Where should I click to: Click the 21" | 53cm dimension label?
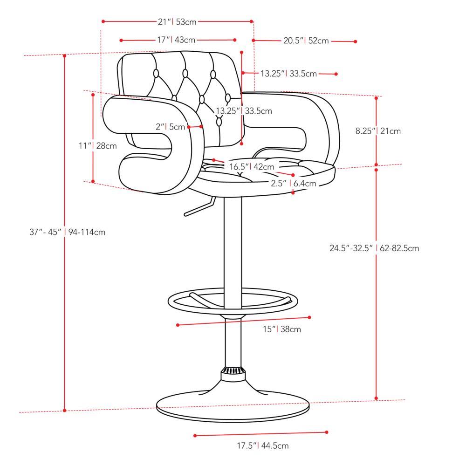point(177,22)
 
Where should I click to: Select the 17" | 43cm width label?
point(176,40)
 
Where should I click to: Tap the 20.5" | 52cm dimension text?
point(306,41)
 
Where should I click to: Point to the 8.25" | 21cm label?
point(378,131)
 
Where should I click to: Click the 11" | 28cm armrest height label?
point(97,145)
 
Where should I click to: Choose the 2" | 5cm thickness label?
point(170,127)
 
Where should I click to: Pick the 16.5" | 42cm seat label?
point(252,166)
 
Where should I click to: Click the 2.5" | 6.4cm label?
point(293,183)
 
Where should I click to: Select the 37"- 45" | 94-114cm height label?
point(68,232)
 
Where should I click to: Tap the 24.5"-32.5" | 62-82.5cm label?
point(374,248)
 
